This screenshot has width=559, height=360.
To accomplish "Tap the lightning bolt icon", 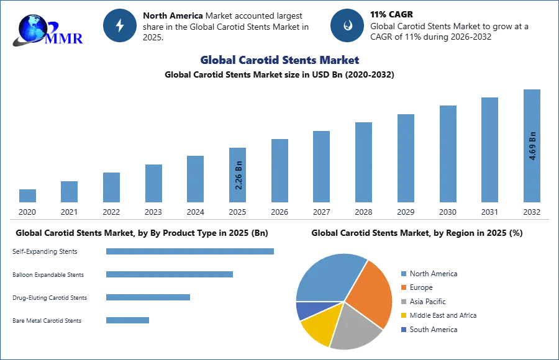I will click(x=120, y=26).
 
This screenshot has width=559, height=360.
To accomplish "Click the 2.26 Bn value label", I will click(x=239, y=176).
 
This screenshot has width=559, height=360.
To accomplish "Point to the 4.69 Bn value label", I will click(x=532, y=146).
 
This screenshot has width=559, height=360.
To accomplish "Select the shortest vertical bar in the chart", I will click(x=27, y=196).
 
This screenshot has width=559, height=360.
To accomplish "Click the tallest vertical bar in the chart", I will click(x=532, y=146).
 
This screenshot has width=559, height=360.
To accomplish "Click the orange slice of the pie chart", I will click(x=370, y=292).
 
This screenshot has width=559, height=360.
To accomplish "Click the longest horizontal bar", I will click(x=191, y=253).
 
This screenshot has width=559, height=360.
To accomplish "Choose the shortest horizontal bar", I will click(x=127, y=320).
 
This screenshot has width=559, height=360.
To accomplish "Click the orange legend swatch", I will click(x=403, y=288).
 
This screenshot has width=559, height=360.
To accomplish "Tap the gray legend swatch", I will click(x=403, y=302).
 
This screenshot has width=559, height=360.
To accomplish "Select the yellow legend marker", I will click(x=403, y=315).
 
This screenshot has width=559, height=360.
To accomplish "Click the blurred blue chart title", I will click(x=280, y=60).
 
